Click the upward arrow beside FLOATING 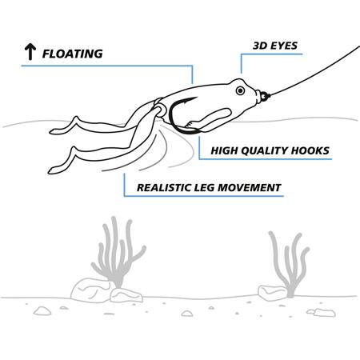click(30, 52)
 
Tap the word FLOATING click(73, 54)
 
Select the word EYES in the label click(284, 46)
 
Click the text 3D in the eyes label click(260, 46)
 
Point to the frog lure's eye click(240, 90)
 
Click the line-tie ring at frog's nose click(265, 96)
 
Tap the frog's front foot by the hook click(191, 124)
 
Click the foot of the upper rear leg click(58, 130)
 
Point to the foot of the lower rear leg click(55, 170)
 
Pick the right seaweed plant click(290, 264)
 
